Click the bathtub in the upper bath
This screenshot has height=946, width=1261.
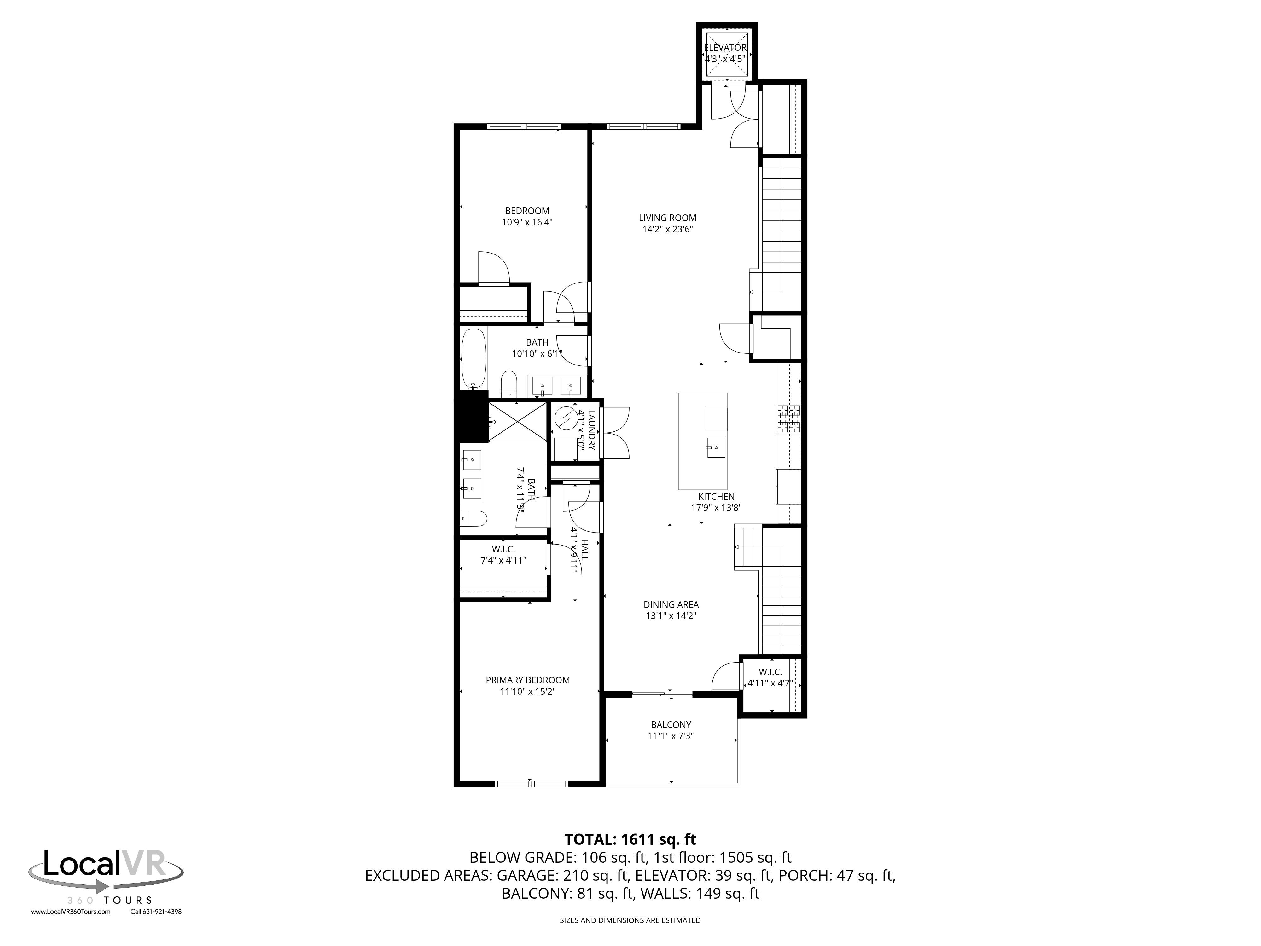(474, 358)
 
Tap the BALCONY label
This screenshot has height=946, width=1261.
(671, 725)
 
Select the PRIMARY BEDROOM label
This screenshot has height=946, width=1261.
(527, 680)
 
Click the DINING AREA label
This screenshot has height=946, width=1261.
(671, 604)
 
